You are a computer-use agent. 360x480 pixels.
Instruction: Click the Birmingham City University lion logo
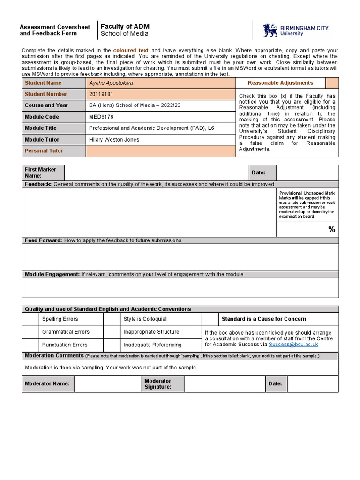(270, 31)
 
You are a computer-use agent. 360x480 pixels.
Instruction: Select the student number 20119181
(101, 94)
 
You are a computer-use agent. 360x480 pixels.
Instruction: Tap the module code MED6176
(101, 117)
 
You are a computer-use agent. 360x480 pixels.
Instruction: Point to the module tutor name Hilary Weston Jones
(114, 139)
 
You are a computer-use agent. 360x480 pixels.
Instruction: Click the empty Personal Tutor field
(160, 150)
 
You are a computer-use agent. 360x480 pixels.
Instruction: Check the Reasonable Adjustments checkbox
(332, 83)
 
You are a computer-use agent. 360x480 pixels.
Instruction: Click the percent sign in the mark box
(331, 229)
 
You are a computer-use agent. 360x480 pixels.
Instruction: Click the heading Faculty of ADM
(125, 27)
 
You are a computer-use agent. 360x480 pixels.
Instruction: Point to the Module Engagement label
(52, 274)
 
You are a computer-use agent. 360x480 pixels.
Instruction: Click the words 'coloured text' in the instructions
(131, 50)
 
